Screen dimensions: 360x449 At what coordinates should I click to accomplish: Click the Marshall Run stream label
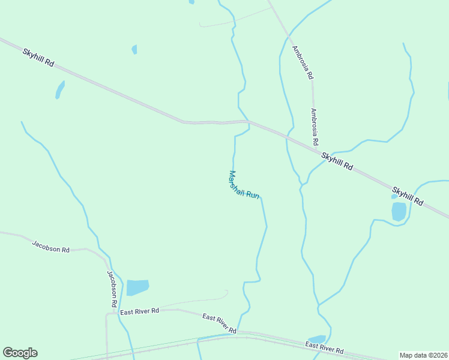coord(244,186)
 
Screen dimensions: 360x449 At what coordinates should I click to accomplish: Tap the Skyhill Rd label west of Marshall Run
coord(38,57)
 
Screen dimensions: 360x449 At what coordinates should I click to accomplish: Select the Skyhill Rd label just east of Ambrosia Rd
coord(337,162)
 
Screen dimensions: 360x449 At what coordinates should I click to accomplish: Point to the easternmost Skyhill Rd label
coord(408,196)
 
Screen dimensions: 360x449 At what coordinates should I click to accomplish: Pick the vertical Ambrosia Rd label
coord(314,127)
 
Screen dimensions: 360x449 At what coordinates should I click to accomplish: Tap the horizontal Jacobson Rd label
coord(50,246)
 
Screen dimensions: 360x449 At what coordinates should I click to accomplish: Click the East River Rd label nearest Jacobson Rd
coord(139,311)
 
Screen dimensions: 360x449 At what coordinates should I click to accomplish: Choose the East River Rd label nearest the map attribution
coord(324,347)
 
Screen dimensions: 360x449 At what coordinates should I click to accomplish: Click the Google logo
coord(20,353)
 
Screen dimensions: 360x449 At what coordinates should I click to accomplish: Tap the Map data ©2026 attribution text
coord(423,355)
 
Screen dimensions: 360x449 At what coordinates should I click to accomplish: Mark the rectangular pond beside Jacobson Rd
coord(137,287)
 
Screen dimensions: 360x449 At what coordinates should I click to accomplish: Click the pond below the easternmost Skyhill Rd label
coord(399,211)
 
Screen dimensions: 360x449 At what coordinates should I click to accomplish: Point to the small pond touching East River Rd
coord(316,340)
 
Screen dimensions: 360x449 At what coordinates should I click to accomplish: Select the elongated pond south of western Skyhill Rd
coord(59,90)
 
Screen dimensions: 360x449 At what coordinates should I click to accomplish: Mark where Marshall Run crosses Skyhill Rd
coord(247,122)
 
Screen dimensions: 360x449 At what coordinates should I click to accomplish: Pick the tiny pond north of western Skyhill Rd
coord(134,49)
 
